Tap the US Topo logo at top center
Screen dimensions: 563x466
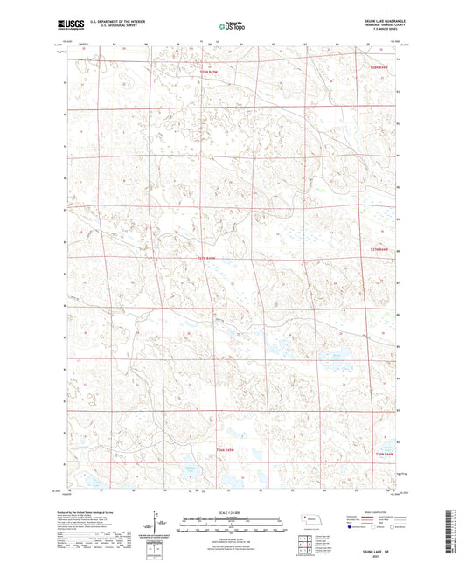click(232, 27)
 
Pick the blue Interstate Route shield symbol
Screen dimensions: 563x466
click(352, 527)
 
